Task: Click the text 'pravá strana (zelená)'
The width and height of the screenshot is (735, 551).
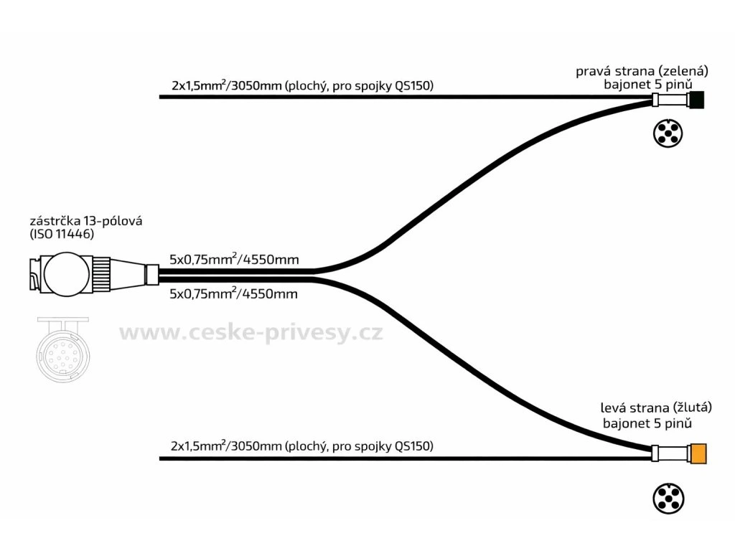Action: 642,71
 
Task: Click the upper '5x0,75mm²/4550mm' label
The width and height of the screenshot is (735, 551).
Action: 234,258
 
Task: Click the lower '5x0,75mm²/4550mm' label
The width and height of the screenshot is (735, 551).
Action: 234,293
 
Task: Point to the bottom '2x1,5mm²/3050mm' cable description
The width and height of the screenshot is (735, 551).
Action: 302,446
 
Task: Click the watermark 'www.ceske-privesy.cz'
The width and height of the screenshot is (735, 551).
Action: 251,333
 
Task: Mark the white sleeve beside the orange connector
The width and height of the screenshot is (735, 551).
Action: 671,453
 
